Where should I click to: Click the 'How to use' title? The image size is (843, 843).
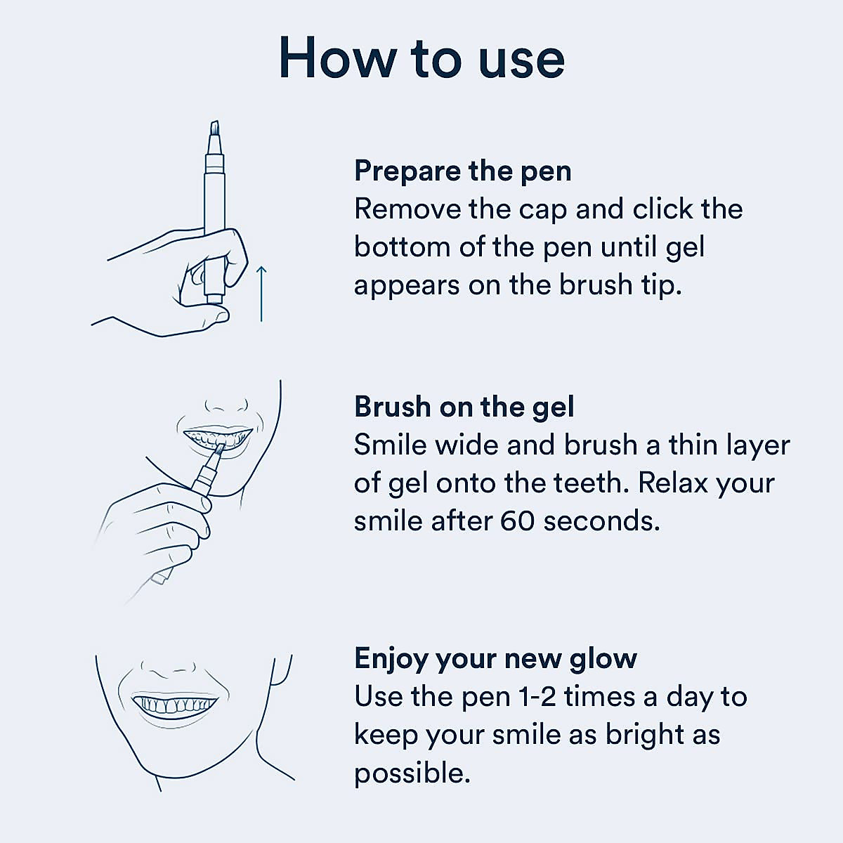(x=421, y=58)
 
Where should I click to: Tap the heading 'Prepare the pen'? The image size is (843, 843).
(x=463, y=171)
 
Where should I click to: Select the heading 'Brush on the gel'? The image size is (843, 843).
(x=464, y=407)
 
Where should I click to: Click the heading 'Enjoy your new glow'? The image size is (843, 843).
(x=496, y=659)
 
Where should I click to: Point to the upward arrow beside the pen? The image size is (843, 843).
(x=261, y=294)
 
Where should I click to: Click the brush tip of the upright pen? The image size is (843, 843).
(x=214, y=127)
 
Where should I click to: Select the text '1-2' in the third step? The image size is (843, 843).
(x=537, y=697)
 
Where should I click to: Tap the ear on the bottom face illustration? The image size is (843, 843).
(x=280, y=670)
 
